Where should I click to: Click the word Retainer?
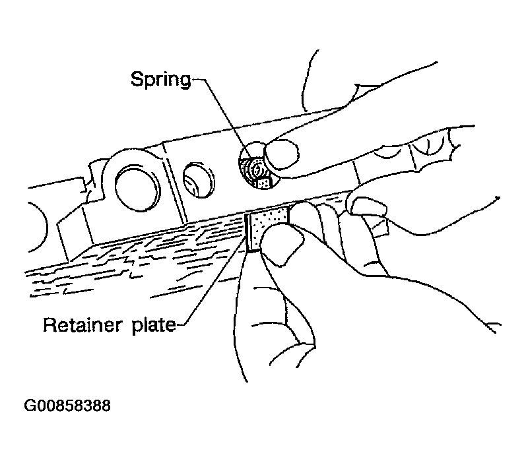click(x=82, y=325)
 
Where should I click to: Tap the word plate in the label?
click(x=154, y=326)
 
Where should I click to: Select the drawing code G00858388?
click(x=67, y=406)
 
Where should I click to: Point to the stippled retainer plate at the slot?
click(x=269, y=225)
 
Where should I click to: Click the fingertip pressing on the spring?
click(x=281, y=155)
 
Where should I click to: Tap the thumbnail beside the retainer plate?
click(x=282, y=245)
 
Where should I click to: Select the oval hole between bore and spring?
click(x=199, y=180)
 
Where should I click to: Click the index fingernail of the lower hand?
click(x=368, y=206)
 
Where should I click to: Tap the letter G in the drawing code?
click(x=29, y=406)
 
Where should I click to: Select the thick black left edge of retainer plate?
click(x=248, y=233)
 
